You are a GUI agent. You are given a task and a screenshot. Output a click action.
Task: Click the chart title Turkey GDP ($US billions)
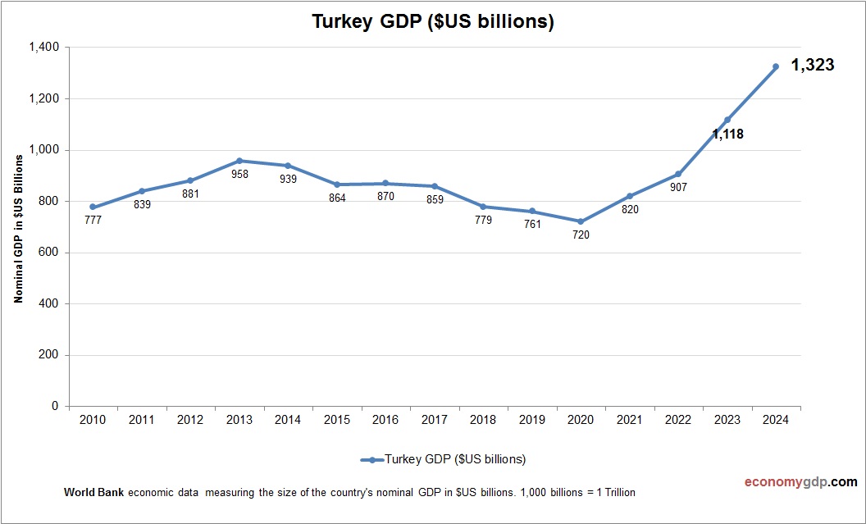(x=433, y=22)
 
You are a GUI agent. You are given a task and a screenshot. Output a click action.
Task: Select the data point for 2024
(x=776, y=66)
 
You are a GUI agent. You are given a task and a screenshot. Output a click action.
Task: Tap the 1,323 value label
(x=812, y=65)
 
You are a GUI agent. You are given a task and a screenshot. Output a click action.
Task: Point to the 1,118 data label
(x=727, y=134)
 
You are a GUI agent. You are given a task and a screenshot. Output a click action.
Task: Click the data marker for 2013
(x=239, y=161)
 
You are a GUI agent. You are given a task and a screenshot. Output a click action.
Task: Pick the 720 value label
(x=581, y=235)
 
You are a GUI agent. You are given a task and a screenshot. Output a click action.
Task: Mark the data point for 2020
(x=581, y=221)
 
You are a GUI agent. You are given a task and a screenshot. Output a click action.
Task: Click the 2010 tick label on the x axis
(x=93, y=420)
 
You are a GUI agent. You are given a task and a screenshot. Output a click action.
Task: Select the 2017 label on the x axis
(x=435, y=420)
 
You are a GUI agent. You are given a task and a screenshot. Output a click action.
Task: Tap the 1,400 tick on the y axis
(x=43, y=48)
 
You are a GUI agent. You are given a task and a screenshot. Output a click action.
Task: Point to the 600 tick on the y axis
(x=49, y=253)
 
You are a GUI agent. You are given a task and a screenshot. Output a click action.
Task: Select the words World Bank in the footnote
(x=93, y=493)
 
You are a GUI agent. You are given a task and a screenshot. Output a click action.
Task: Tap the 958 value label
(x=239, y=174)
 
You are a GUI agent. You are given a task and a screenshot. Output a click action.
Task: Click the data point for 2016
(x=385, y=184)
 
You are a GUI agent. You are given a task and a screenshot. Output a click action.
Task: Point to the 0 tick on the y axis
(x=55, y=406)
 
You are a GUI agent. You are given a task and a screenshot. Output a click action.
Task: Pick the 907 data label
(x=678, y=187)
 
